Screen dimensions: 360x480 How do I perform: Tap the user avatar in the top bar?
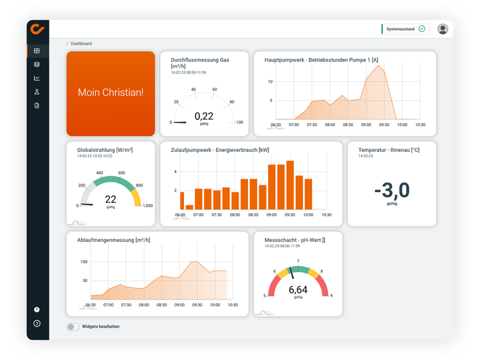pos(443,29)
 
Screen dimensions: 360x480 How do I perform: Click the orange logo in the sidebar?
pos(37,29)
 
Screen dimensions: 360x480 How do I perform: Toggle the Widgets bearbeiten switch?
pos(73,327)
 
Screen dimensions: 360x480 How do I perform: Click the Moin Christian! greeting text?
pos(111,93)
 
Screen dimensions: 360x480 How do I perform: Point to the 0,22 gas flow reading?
pos(204,116)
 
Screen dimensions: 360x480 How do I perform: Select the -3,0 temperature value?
pos(392,191)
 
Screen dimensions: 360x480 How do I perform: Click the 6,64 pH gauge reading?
pos(298,290)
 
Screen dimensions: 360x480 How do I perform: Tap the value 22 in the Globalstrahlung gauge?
pos(111,199)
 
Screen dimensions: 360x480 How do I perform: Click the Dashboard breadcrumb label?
pos(81,44)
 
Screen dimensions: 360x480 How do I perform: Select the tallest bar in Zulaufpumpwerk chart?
pos(290,185)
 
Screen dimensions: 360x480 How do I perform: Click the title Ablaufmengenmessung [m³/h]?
pos(113,240)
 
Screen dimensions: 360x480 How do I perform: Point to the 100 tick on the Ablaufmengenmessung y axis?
pos(84,261)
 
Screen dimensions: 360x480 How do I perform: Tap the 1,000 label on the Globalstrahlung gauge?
pos(147,206)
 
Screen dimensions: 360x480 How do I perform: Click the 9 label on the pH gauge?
pos(331,295)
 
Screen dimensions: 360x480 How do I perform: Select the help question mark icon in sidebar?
pos(37,310)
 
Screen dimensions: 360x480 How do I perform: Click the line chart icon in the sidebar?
pos(37,78)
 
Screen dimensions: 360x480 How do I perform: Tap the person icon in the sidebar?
pos(37,92)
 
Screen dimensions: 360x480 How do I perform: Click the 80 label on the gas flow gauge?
pos(232,102)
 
